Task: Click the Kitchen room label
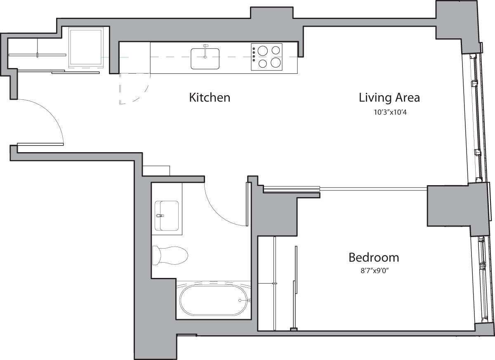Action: click(209, 98)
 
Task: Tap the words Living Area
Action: click(389, 98)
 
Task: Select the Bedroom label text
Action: click(373, 258)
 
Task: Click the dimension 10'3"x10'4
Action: click(390, 111)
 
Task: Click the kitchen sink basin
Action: click(205, 59)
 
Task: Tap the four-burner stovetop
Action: click(267, 56)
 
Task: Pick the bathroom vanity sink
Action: click(167, 216)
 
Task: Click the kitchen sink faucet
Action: click(206, 47)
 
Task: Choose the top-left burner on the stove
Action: click(262, 50)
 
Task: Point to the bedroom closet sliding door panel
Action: click(295, 285)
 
